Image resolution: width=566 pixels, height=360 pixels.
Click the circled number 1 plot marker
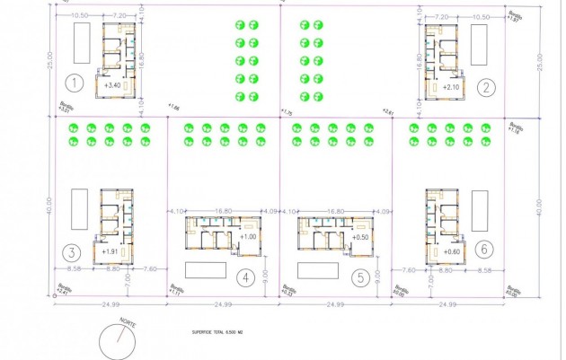coord(76,85)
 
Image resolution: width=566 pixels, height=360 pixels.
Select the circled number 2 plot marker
coord(485,87)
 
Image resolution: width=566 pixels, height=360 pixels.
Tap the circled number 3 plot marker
coord(76,251)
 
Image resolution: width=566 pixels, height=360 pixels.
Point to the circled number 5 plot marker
coord(359,277)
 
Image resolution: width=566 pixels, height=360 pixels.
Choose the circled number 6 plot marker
coord(485,249)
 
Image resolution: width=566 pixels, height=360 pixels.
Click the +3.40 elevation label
coord(113,85)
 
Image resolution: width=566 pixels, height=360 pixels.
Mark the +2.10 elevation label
coord(452,87)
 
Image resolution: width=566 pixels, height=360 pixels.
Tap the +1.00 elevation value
coord(249,236)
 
